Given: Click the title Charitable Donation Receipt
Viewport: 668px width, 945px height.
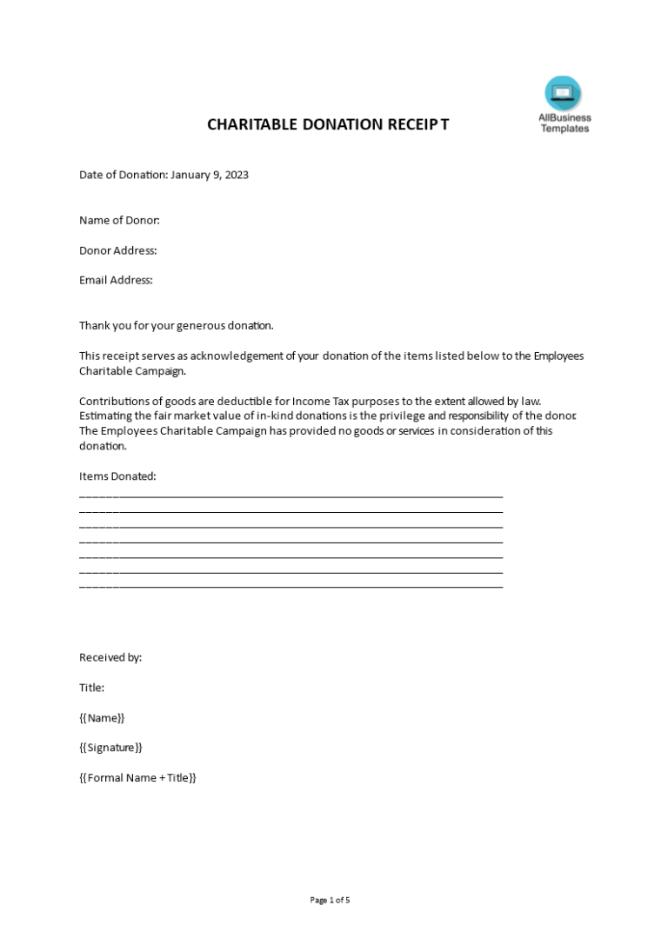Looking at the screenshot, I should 328,124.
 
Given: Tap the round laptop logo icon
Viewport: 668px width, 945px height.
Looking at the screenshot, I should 563,93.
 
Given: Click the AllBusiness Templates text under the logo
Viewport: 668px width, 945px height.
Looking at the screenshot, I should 564,123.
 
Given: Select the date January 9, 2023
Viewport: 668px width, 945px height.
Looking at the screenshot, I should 210,175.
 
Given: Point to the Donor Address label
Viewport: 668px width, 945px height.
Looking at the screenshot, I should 118,250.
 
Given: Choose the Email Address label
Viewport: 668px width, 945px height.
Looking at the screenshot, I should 116,280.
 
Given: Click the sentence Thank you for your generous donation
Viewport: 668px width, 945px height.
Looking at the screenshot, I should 177,326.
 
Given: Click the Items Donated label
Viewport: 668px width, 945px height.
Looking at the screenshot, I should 117,476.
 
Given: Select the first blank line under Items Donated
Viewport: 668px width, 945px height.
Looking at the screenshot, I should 291,496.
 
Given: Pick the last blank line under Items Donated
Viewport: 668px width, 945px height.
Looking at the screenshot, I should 291,587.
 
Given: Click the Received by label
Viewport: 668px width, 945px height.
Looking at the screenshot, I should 110,658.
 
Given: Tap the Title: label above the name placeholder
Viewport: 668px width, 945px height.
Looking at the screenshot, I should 92,688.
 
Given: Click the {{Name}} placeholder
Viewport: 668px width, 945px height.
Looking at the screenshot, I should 102,718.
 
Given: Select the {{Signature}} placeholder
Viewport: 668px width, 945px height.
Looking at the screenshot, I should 110,748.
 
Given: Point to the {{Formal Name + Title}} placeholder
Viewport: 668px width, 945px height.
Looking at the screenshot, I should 137,778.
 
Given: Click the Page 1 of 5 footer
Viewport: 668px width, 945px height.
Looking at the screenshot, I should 330,900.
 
